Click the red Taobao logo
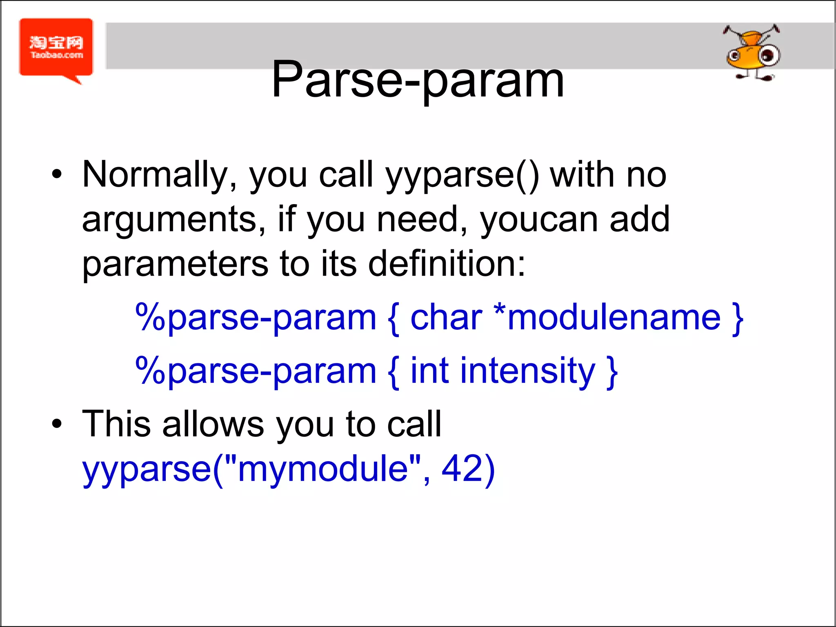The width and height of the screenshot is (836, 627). [x=56, y=48]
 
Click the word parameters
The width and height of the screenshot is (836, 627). [x=175, y=265]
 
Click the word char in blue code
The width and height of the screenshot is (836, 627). [x=446, y=318]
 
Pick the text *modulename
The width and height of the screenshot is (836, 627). [x=607, y=318]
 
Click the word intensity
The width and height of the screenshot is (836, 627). [x=527, y=371]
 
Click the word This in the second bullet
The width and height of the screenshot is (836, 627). [x=116, y=425]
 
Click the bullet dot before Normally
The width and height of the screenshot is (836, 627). [x=57, y=175]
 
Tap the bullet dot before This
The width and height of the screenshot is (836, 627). [x=57, y=424]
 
